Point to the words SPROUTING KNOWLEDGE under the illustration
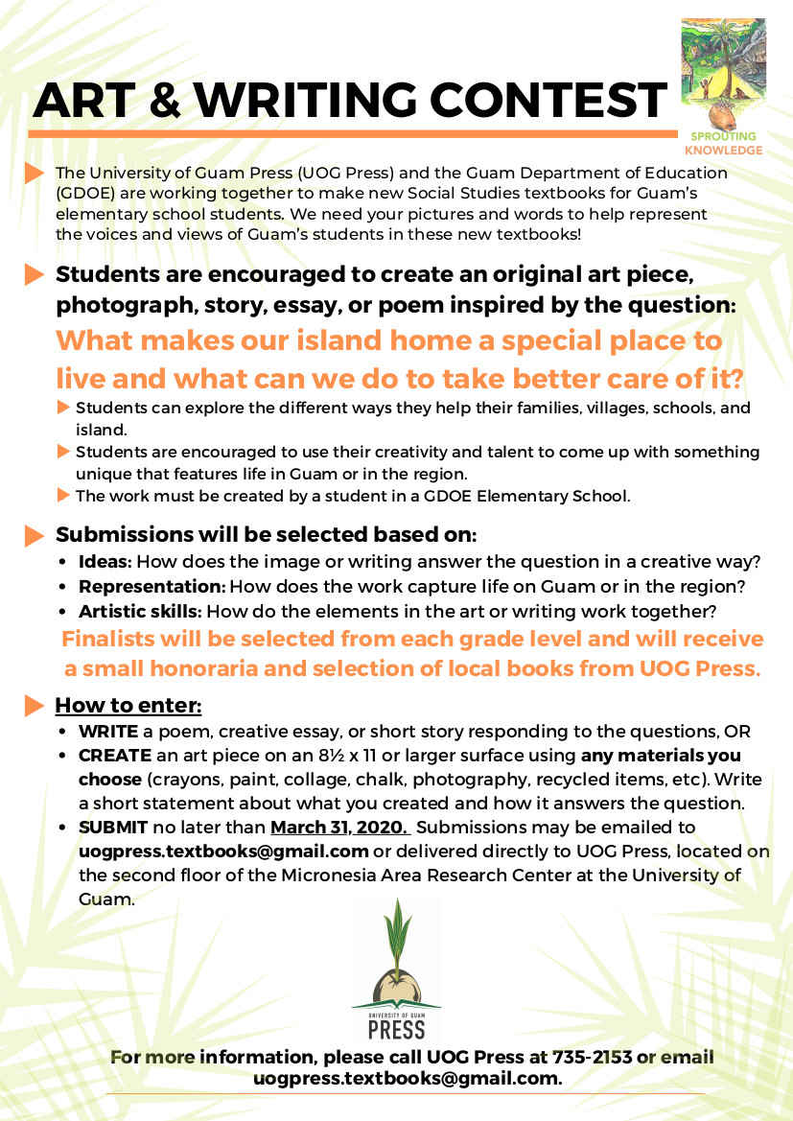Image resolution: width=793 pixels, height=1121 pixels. coord(723,143)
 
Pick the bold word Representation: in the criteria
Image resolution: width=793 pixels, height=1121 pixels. coord(152,586)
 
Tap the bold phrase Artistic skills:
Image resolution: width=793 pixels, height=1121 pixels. coord(140,611)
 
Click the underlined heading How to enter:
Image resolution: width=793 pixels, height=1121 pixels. coord(128,707)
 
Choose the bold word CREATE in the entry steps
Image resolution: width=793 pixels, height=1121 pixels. coord(114,756)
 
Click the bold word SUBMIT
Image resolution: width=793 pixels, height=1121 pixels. coord(112,827)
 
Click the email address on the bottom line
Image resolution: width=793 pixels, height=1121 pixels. coord(407,1079)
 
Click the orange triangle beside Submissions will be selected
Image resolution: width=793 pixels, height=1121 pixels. coord(35,534)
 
